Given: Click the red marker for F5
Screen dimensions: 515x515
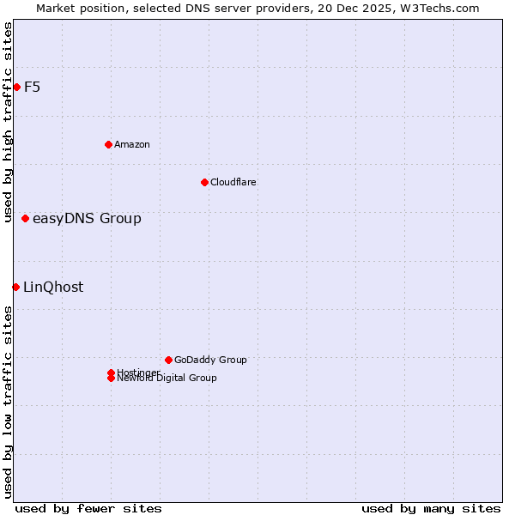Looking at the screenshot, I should (16, 87).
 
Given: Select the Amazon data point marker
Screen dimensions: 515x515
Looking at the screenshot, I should (108, 144).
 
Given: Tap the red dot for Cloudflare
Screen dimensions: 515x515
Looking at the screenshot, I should (204, 182).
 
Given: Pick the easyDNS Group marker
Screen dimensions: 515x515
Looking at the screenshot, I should (25, 219).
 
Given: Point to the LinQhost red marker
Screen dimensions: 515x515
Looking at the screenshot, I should (15, 287).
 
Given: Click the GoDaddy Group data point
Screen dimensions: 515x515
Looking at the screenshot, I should (168, 360).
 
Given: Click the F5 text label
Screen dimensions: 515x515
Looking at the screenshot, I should (32, 87).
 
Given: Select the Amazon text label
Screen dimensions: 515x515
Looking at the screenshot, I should (131, 144).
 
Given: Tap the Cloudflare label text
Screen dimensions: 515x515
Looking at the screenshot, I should (233, 182).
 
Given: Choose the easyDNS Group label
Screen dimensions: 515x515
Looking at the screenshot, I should (87, 219).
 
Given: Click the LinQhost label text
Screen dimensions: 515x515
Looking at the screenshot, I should (53, 288).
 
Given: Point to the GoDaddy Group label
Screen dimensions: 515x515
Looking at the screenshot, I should (209, 360).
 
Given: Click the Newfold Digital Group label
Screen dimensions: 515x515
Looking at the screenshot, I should (167, 379).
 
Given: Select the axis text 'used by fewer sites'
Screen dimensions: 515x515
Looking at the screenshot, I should (88, 508).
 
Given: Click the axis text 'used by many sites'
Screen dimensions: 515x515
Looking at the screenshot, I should (430, 508).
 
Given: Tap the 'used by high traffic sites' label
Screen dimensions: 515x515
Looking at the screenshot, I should (9, 123).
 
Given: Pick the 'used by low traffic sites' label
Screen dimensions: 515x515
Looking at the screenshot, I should (9, 402).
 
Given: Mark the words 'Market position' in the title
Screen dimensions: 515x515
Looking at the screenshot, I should (76, 8).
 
